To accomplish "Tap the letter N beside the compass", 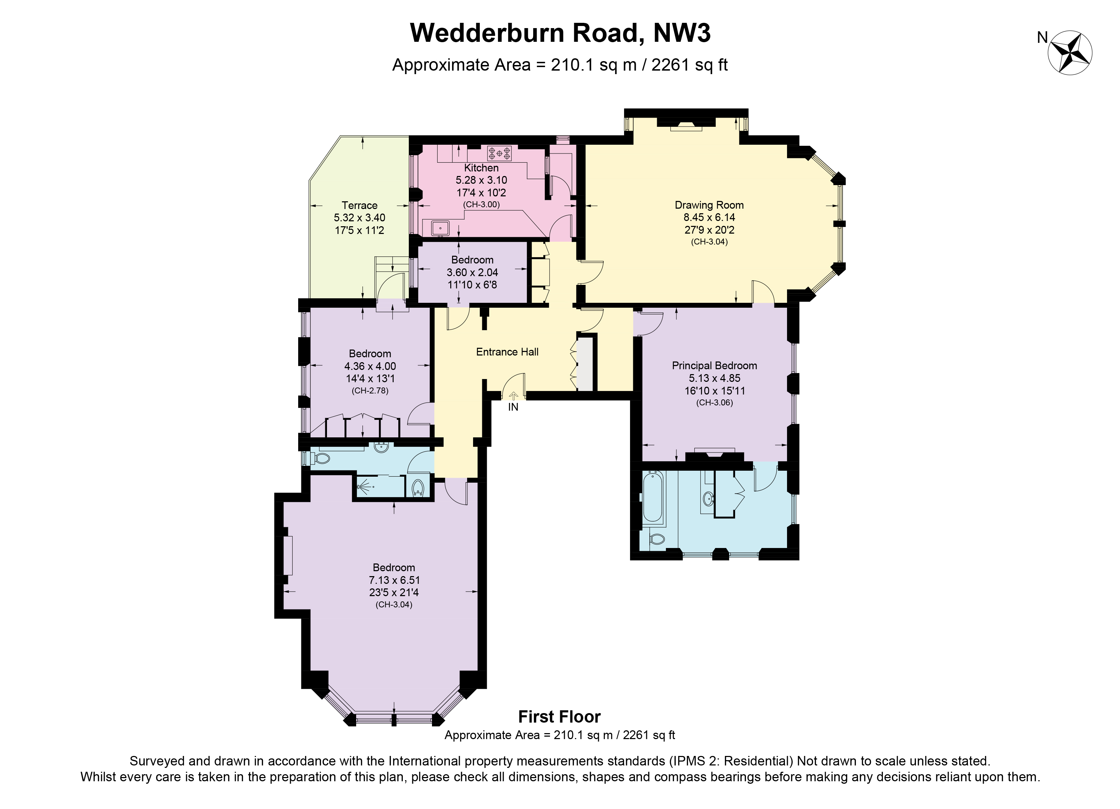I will (1042, 38).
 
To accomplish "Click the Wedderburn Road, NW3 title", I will (560, 33).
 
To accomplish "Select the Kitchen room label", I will (481, 168).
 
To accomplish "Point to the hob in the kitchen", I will (499, 153).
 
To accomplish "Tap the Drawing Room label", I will (709, 205).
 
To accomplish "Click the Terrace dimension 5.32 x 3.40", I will (360, 218).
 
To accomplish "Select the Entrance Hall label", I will (507, 352).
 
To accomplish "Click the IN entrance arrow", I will (513, 396).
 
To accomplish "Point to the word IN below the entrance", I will (513, 407).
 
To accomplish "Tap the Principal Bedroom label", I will (714, 365).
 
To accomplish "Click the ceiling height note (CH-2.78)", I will (370, 391).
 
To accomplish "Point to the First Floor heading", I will (559, 717).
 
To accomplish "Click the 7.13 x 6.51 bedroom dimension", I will (394, 580).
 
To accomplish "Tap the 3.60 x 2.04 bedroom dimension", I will (472, 272).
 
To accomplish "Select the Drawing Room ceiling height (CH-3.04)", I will (709, 242).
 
